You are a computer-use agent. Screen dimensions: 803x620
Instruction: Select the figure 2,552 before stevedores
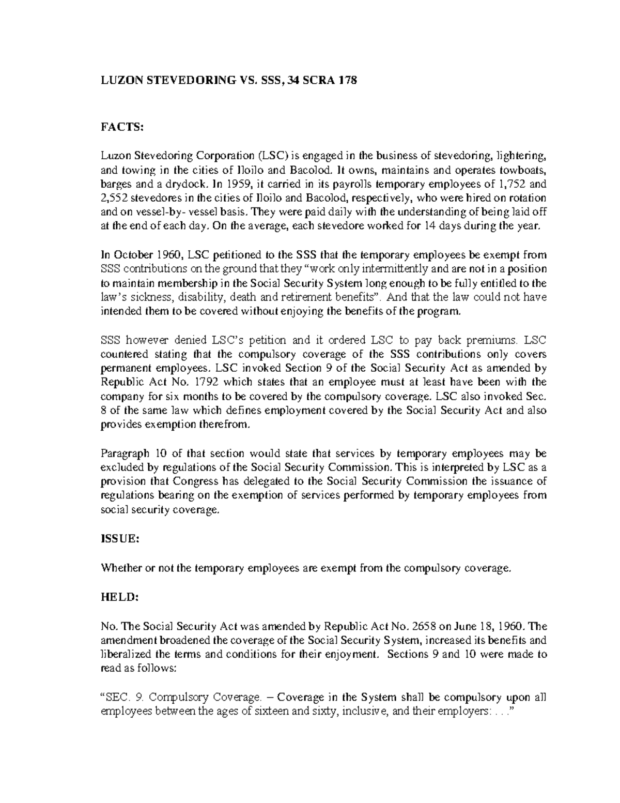113,198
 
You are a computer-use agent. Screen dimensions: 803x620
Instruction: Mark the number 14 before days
429,226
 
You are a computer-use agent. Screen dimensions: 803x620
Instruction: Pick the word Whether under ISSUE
120,568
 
